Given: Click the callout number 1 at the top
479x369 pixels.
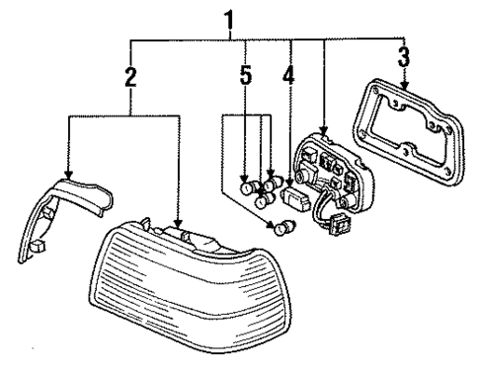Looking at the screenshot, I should pos(230,18).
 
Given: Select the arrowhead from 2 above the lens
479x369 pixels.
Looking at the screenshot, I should pos(177,226).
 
